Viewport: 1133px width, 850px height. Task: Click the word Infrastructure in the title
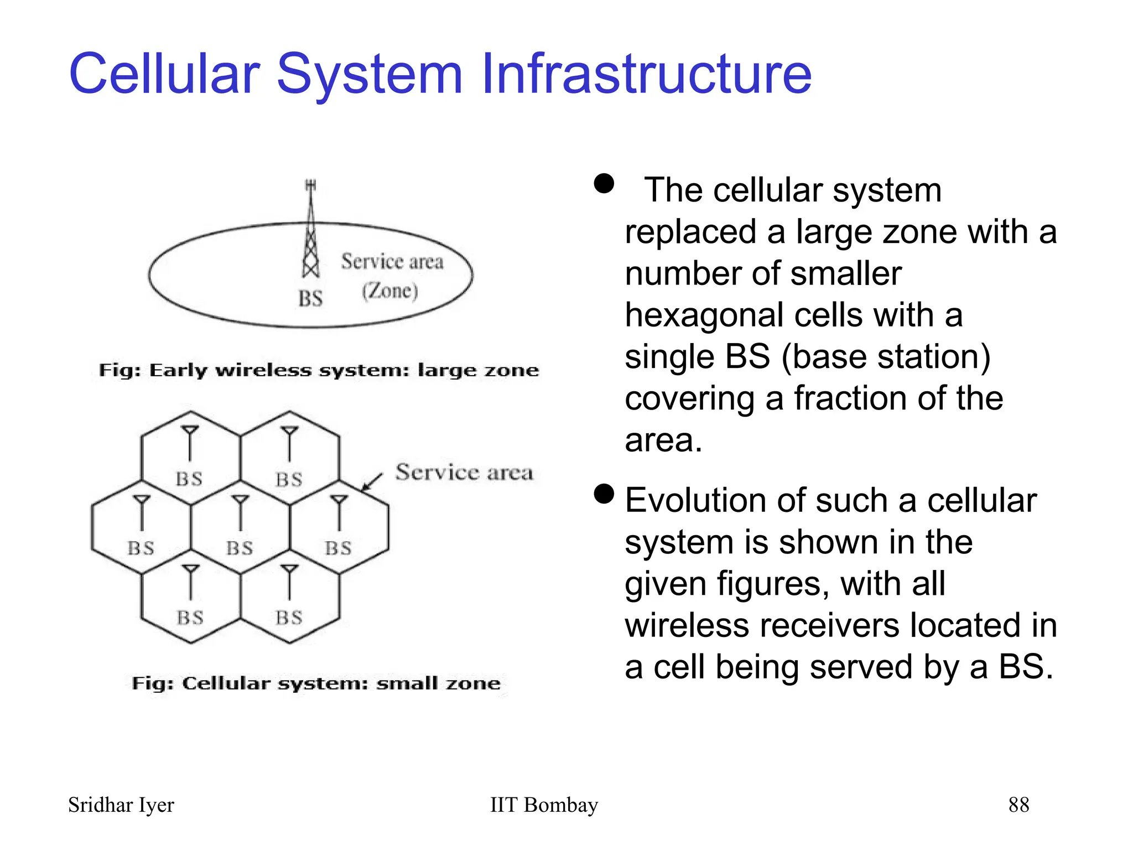646,74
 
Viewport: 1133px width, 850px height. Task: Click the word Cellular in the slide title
164,74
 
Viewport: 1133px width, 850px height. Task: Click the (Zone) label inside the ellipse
390,291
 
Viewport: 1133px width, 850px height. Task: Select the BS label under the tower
310,299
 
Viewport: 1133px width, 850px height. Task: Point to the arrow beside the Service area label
372,482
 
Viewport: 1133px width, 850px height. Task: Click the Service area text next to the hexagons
464,473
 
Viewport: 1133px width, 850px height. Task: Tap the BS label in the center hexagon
240,548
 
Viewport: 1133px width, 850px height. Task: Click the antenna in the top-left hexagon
190,443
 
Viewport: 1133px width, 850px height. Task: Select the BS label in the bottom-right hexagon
289,618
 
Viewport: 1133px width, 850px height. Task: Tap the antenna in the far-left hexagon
142,512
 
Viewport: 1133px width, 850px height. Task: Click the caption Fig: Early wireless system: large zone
319,370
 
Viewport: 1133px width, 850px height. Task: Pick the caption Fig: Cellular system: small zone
316,683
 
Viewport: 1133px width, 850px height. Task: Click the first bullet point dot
604,184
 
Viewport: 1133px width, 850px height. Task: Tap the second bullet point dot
604,494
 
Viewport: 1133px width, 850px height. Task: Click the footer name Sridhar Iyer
121,805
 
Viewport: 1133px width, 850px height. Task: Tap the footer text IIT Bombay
544,805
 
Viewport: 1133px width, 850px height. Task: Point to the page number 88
1018,805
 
